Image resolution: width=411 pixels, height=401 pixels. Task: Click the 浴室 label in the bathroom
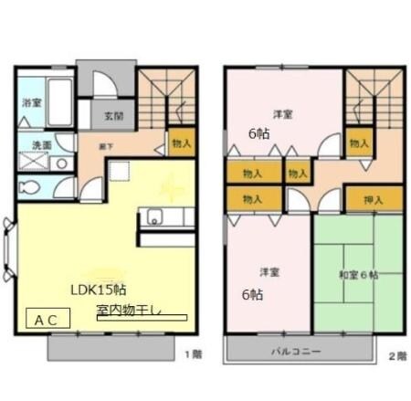click(32, 103)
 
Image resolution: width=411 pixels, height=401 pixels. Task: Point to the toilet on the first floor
click(31, 188)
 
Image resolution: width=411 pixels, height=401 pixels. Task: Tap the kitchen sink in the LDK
click(153, 218)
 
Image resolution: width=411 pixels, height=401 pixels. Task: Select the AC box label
click(48, 321)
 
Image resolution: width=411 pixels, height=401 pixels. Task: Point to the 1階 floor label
click(194, 354)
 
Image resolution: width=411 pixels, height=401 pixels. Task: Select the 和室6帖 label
click(359, 274)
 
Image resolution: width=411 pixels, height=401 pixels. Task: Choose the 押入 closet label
click(373, 198)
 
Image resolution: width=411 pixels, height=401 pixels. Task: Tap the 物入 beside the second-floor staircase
click(359, 142)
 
